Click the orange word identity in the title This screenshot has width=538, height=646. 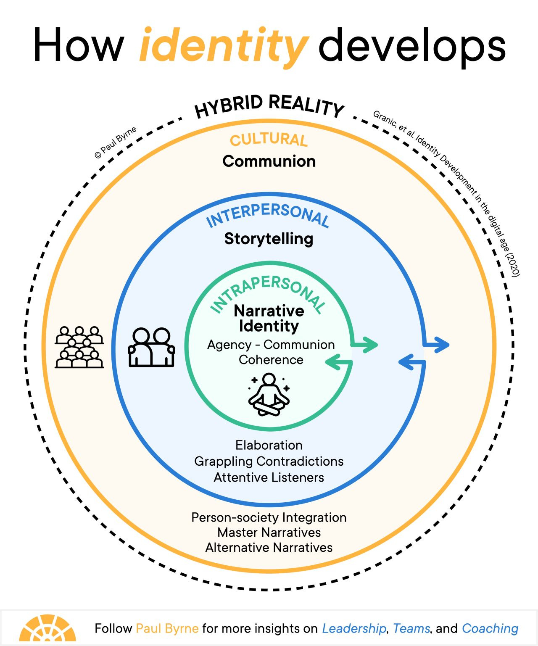click(x=223, y=46)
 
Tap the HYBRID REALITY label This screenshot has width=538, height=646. click(x=269, y=106)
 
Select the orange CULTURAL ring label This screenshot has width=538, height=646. click(x=269, y=140)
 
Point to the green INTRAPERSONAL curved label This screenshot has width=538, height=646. click(x=267, y=292)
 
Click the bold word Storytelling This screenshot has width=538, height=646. click(x=269, y=239)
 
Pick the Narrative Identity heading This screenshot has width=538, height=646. click(x=269, y=318)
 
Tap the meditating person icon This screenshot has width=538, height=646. click(x=269, y=395)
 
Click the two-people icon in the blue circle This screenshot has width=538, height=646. click(x=151, y=347)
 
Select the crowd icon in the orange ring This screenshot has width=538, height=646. click(x=79, y=347)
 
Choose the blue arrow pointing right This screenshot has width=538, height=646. click(x=437, y=345)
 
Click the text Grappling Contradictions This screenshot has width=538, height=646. click(x=269, y=461)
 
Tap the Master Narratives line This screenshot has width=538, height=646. click(x=269, y=533)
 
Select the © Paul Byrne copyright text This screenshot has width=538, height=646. click(x=115, y=142)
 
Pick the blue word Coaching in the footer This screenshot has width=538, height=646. click(x=490, y=628)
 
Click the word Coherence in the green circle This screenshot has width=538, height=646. click(x=271, y=360)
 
